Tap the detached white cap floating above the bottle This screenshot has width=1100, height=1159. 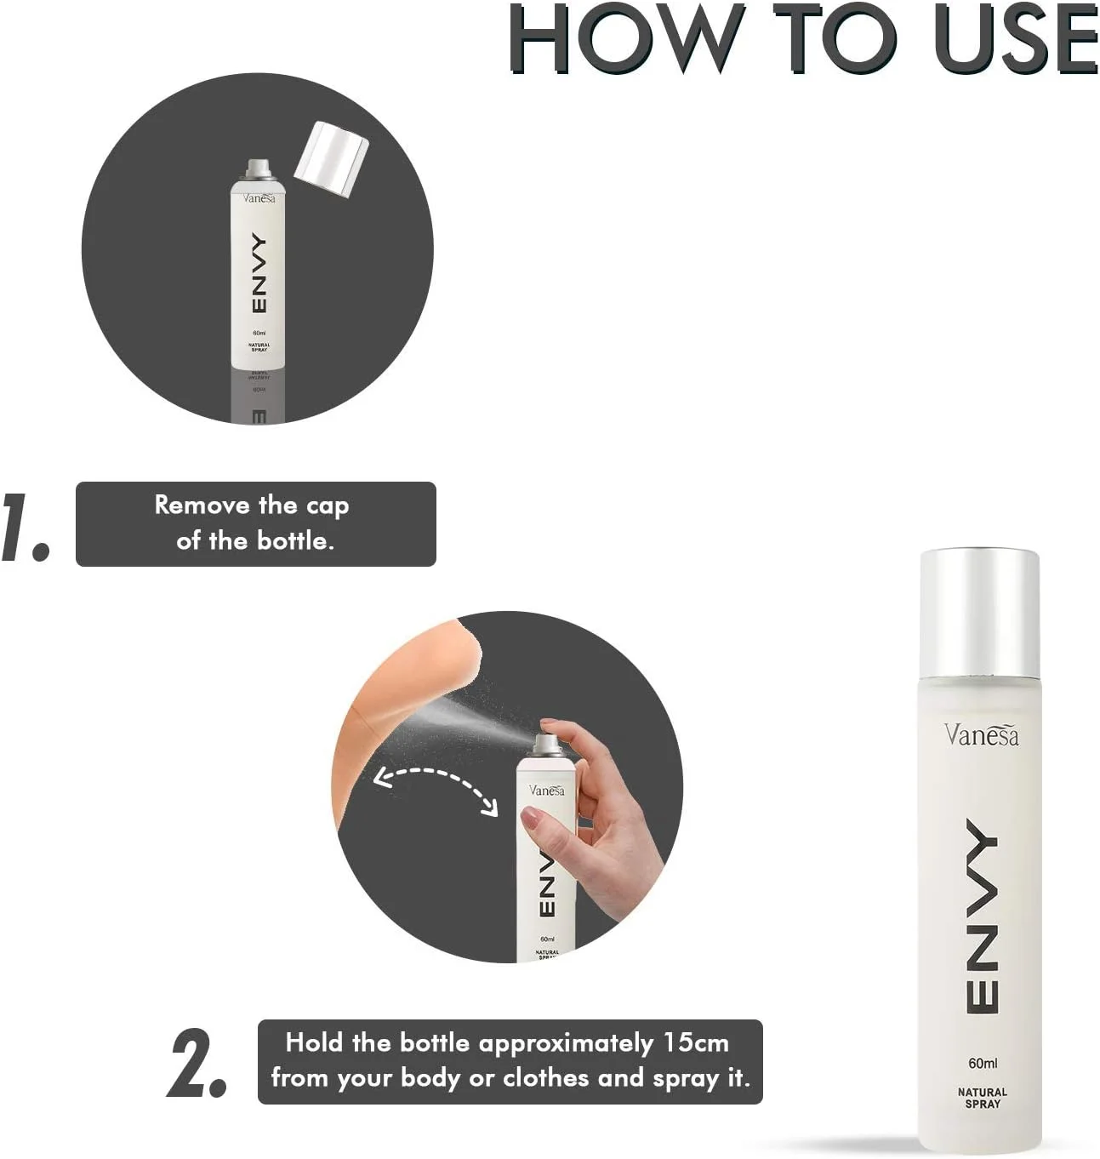(331, 158)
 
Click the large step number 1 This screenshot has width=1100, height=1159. (25, 526)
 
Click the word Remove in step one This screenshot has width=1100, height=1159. (202, 505)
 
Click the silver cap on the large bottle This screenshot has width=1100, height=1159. (980, 614)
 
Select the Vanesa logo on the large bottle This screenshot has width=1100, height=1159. (981, 734)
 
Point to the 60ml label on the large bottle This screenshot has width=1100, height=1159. (983, 1063)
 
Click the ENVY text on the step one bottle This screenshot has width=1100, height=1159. (259, 273)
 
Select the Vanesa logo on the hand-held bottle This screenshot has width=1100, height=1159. (546, 790)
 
